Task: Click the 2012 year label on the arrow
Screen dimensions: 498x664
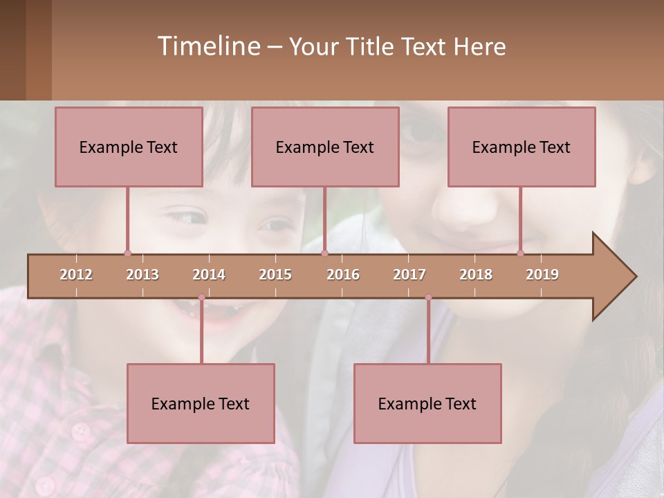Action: tap(76, 275)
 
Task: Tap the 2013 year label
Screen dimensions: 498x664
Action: tap(142, 275)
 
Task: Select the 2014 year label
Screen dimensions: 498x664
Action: tap(209, 275)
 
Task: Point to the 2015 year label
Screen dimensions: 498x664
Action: tap(275, 275)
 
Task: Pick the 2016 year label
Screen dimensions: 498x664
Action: tap(343, 275)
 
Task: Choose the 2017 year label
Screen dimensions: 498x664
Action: tap(409, 275)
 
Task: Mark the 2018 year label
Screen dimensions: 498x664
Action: tap(476, 275)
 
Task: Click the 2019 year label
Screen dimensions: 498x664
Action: tap(542, 275)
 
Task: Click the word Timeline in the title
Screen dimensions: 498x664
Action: tap(207, 46)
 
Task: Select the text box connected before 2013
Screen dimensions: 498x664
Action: tap(129, 147)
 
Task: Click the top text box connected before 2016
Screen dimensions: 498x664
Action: tap(325, 147)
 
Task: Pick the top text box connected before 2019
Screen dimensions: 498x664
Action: tap(522, 147)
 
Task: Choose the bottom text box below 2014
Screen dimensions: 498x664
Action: tap(201, 403)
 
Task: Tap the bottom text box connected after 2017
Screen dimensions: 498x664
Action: tap(427, 403)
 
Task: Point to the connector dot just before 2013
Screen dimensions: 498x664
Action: tap(127, 253)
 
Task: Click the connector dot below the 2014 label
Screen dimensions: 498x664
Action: tap(201, 297)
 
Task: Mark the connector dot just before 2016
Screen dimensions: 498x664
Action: tap(324, 253)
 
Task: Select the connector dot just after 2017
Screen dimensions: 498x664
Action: tap(428, 297)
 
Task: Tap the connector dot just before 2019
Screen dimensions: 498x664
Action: tap(521, 253)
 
